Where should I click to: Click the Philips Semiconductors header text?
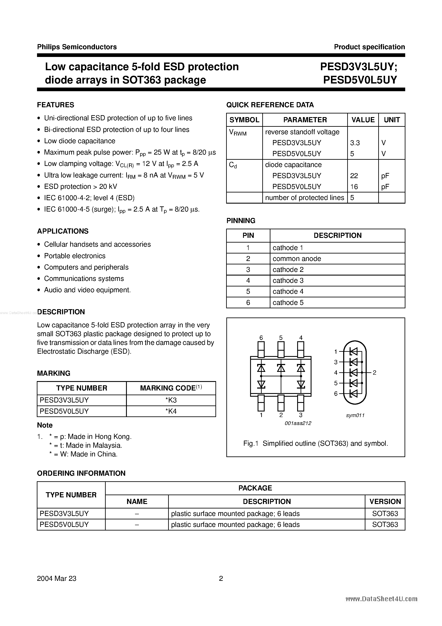77,47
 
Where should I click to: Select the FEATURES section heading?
56,105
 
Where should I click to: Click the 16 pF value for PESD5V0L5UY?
354,187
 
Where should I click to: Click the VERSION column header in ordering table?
385,501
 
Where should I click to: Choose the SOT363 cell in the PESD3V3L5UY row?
385,514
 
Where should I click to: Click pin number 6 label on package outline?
261,338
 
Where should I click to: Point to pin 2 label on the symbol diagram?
374,373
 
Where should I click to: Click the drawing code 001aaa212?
298,423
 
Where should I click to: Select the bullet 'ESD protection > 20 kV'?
80,186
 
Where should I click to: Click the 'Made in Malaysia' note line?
86,445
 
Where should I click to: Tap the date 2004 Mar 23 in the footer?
57,578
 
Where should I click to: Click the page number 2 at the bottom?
221,578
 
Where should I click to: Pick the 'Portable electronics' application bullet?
75,256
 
